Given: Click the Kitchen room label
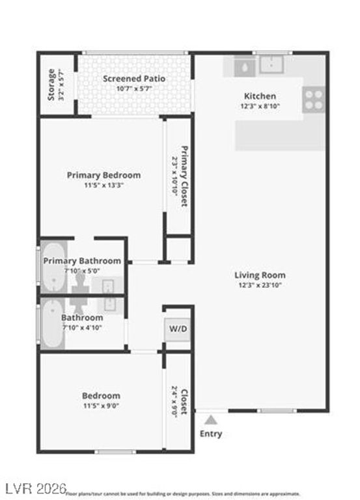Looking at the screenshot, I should coord(260,96).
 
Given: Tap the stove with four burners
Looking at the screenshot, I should coord(314,99).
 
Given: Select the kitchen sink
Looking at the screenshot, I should coord(268,64).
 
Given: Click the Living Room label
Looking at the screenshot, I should coord(260,275).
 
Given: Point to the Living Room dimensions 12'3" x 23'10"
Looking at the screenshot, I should coord(260,285).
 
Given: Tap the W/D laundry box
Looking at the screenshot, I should coord(178,329).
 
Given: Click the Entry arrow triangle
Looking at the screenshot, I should coord(210,421).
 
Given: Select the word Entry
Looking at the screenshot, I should coord(210,434).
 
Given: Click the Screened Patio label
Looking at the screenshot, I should coord(134,79).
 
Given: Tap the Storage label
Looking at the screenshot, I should coord(51,85).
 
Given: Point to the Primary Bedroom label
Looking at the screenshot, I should coord(104,174).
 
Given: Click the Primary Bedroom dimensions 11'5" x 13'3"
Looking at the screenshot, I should coord(104,185).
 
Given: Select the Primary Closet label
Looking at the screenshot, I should coord(184,176).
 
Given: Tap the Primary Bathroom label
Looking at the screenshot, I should coord(82,260).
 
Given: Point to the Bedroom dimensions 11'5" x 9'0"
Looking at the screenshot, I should coord(100,406).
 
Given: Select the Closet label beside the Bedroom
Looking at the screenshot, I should coord(184,402).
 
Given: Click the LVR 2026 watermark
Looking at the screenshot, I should coord(31,488).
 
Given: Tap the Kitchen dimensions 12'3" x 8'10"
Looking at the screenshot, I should coord(260,106).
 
